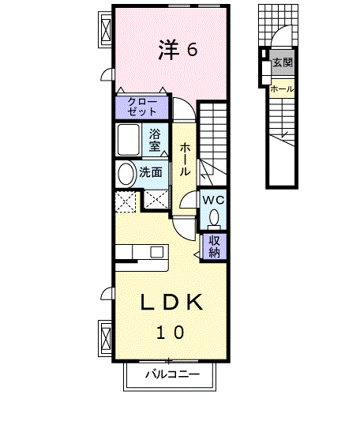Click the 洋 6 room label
[x=178, y=50]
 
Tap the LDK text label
[x=171, y=303]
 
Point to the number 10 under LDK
[x=171, y=333]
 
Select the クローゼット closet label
[x=142, y=107]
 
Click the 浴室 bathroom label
[x=155, y=140]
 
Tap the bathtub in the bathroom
[x=129, y=140]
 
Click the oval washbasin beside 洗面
[x=126, y=174]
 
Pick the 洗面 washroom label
[x=151, y=172]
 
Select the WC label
[x=213, y=201]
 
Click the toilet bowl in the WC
[x=214, y=217]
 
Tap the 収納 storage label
[x=214, y=246]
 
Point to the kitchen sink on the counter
[x=157, y=252]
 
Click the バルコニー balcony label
[x=173, y=374]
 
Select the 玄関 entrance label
[x=283, y=62]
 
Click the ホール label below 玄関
[x=282, y=88]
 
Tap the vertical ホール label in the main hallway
[x=185, y=160]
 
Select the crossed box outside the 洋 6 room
[x=107, y=29]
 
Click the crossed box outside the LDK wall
[x=107, y=338]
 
